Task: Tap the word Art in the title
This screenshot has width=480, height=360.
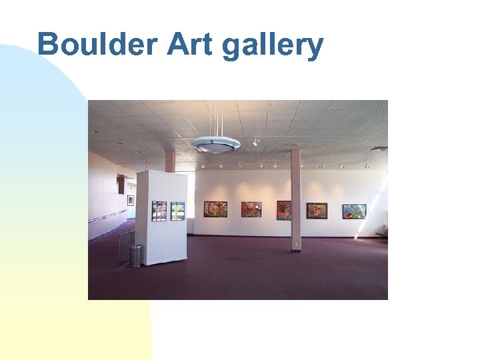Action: [189, 45]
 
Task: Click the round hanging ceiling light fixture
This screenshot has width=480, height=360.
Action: [215, 145]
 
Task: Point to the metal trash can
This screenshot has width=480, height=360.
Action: [135, 256]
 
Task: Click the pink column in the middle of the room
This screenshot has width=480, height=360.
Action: [295, 200]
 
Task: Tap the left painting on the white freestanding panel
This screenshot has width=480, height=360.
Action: [159, 211]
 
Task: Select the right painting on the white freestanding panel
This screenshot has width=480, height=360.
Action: [177, 211]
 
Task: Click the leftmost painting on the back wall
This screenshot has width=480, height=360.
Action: [215, 209]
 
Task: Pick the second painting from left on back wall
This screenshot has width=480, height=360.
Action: [251, 209]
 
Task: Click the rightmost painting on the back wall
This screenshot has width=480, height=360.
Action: [354, 211]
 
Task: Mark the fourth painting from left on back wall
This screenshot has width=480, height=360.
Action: [317, 211]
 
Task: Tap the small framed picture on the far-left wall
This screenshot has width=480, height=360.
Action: [131, 200]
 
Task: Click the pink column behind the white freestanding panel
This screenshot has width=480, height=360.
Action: [170, 161]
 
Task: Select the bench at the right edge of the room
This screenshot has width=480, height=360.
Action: [381, 231]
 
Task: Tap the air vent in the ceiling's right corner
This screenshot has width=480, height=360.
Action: [377, 149]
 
